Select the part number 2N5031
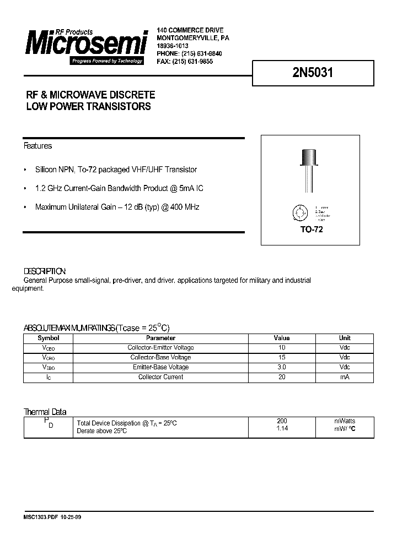click(x=313, y=73)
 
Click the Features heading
click(x=37, y=146)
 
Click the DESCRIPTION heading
click(x=45, y=271)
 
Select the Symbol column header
click(x=49, y=338)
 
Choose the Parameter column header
click(x=160, y=338)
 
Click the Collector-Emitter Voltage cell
click(x=160, y=348)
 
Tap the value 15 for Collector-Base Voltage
click(x=282, y=358)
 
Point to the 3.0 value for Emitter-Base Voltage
click(x=282, y=367)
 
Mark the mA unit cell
click(x=345, y=377)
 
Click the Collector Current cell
click(x=160, y=377)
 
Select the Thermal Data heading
click(x=45, y=412)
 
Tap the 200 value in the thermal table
click(x=282, y=421)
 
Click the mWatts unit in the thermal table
click(x=345, y=421)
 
